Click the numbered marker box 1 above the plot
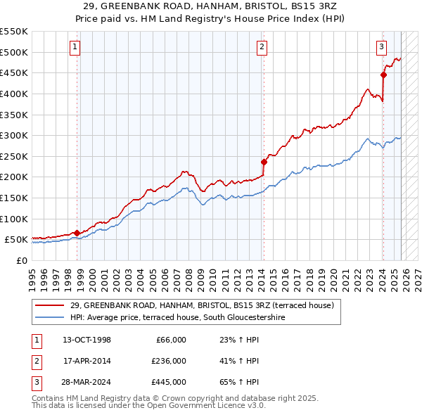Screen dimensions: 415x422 [75, 47]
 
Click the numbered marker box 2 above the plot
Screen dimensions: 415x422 [261, 47]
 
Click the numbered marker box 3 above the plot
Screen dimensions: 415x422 [381, 47]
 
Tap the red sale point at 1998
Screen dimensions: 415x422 [77, 233]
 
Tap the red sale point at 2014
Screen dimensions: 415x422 [264, 162]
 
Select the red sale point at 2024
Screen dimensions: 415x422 [383, 75]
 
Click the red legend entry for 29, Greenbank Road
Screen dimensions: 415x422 [203, 305]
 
